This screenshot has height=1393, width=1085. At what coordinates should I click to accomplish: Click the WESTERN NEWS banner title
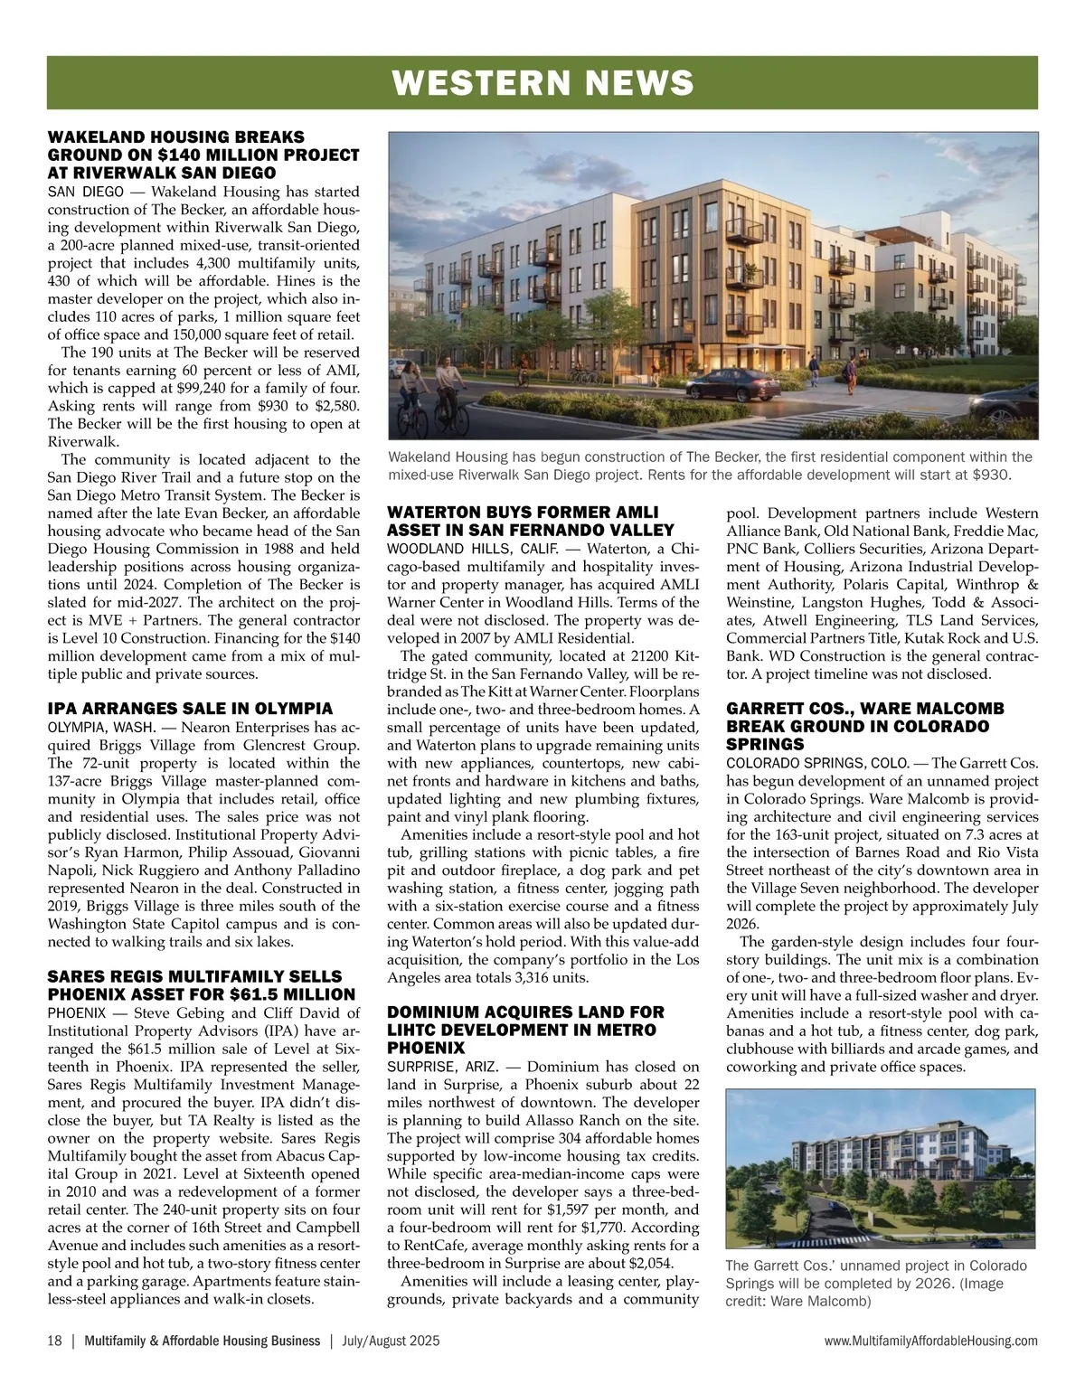542,83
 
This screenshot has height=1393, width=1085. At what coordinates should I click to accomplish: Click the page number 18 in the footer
54,1341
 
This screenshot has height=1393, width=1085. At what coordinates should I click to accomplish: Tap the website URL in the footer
931,1341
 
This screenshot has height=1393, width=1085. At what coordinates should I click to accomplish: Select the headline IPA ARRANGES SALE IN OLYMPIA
190,709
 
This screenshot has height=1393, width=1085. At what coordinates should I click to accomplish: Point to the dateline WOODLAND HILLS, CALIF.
466,549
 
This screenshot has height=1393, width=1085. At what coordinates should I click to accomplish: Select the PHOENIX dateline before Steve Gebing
76,1012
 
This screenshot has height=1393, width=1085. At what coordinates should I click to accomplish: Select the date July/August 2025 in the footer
392,1341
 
